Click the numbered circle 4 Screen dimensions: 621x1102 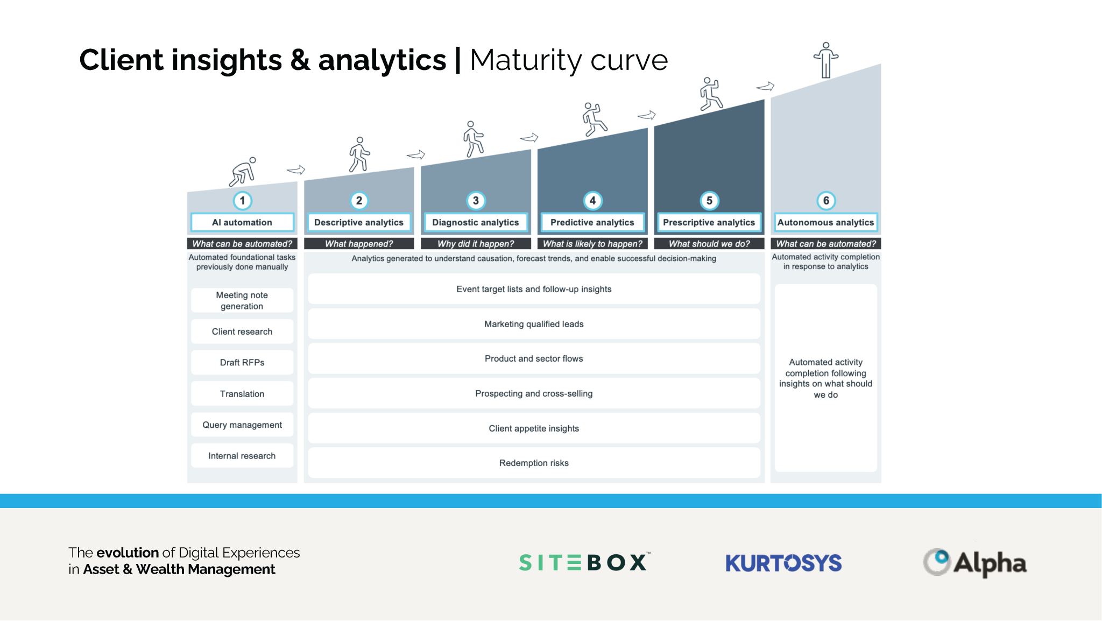(592, 201)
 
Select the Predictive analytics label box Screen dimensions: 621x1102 (592, 222)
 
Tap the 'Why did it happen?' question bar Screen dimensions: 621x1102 (476, 244)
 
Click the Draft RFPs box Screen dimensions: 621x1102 (242, 362)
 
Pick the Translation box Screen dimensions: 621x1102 (242, 393)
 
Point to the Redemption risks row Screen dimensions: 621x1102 (534, 463)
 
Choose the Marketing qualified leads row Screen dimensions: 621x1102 (534, 324)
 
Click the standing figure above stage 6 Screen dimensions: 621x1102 (826, 60)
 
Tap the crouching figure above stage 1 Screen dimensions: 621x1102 (243, 172)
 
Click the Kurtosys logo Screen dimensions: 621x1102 (783, 563)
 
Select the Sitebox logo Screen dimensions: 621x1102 (584, 562)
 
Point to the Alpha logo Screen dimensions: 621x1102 (974, 563)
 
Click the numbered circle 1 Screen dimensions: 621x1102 (243, 201)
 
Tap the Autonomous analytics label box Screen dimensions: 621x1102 (825, 222)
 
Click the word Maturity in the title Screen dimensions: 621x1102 (526, 60)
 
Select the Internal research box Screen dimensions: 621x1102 (242, 456)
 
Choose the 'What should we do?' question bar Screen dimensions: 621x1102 (709, 244)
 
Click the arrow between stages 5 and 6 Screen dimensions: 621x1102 (765, 86)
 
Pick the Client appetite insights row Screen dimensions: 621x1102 (534, 428)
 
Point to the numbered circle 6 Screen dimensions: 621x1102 (826, 201)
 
